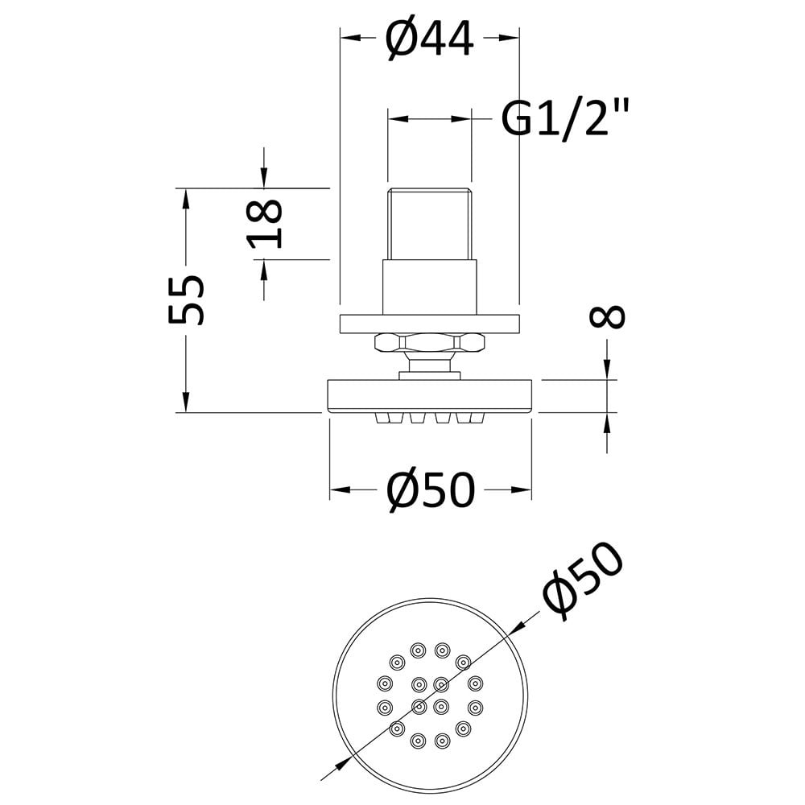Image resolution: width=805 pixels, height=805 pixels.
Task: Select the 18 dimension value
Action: coord(266,224)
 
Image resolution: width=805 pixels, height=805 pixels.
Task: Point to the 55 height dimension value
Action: coord(187,300)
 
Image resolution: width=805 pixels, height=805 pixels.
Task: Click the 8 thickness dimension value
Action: coord(607,316)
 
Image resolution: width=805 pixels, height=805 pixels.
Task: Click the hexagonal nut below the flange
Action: coord(430,342)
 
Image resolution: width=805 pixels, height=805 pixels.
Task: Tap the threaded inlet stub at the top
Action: coord(429,225)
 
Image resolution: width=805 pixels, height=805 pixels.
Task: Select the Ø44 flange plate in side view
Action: coord(430,324)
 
